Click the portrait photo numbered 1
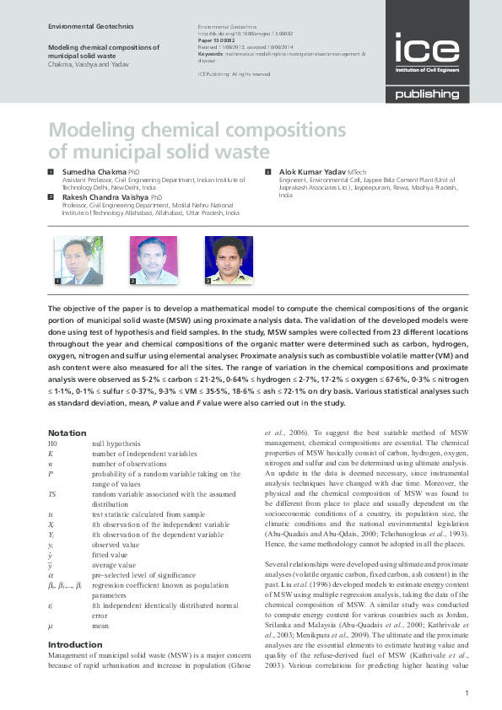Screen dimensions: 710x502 pos(78,259)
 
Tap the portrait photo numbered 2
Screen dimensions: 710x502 pos(154,259)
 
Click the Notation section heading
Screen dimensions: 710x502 pos(67,433)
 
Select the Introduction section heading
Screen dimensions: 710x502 pos(75,644)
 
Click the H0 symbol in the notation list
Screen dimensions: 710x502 pos(53,444)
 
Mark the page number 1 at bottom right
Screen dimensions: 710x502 pos(467,693)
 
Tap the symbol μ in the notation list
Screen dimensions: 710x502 pos(51,627)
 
